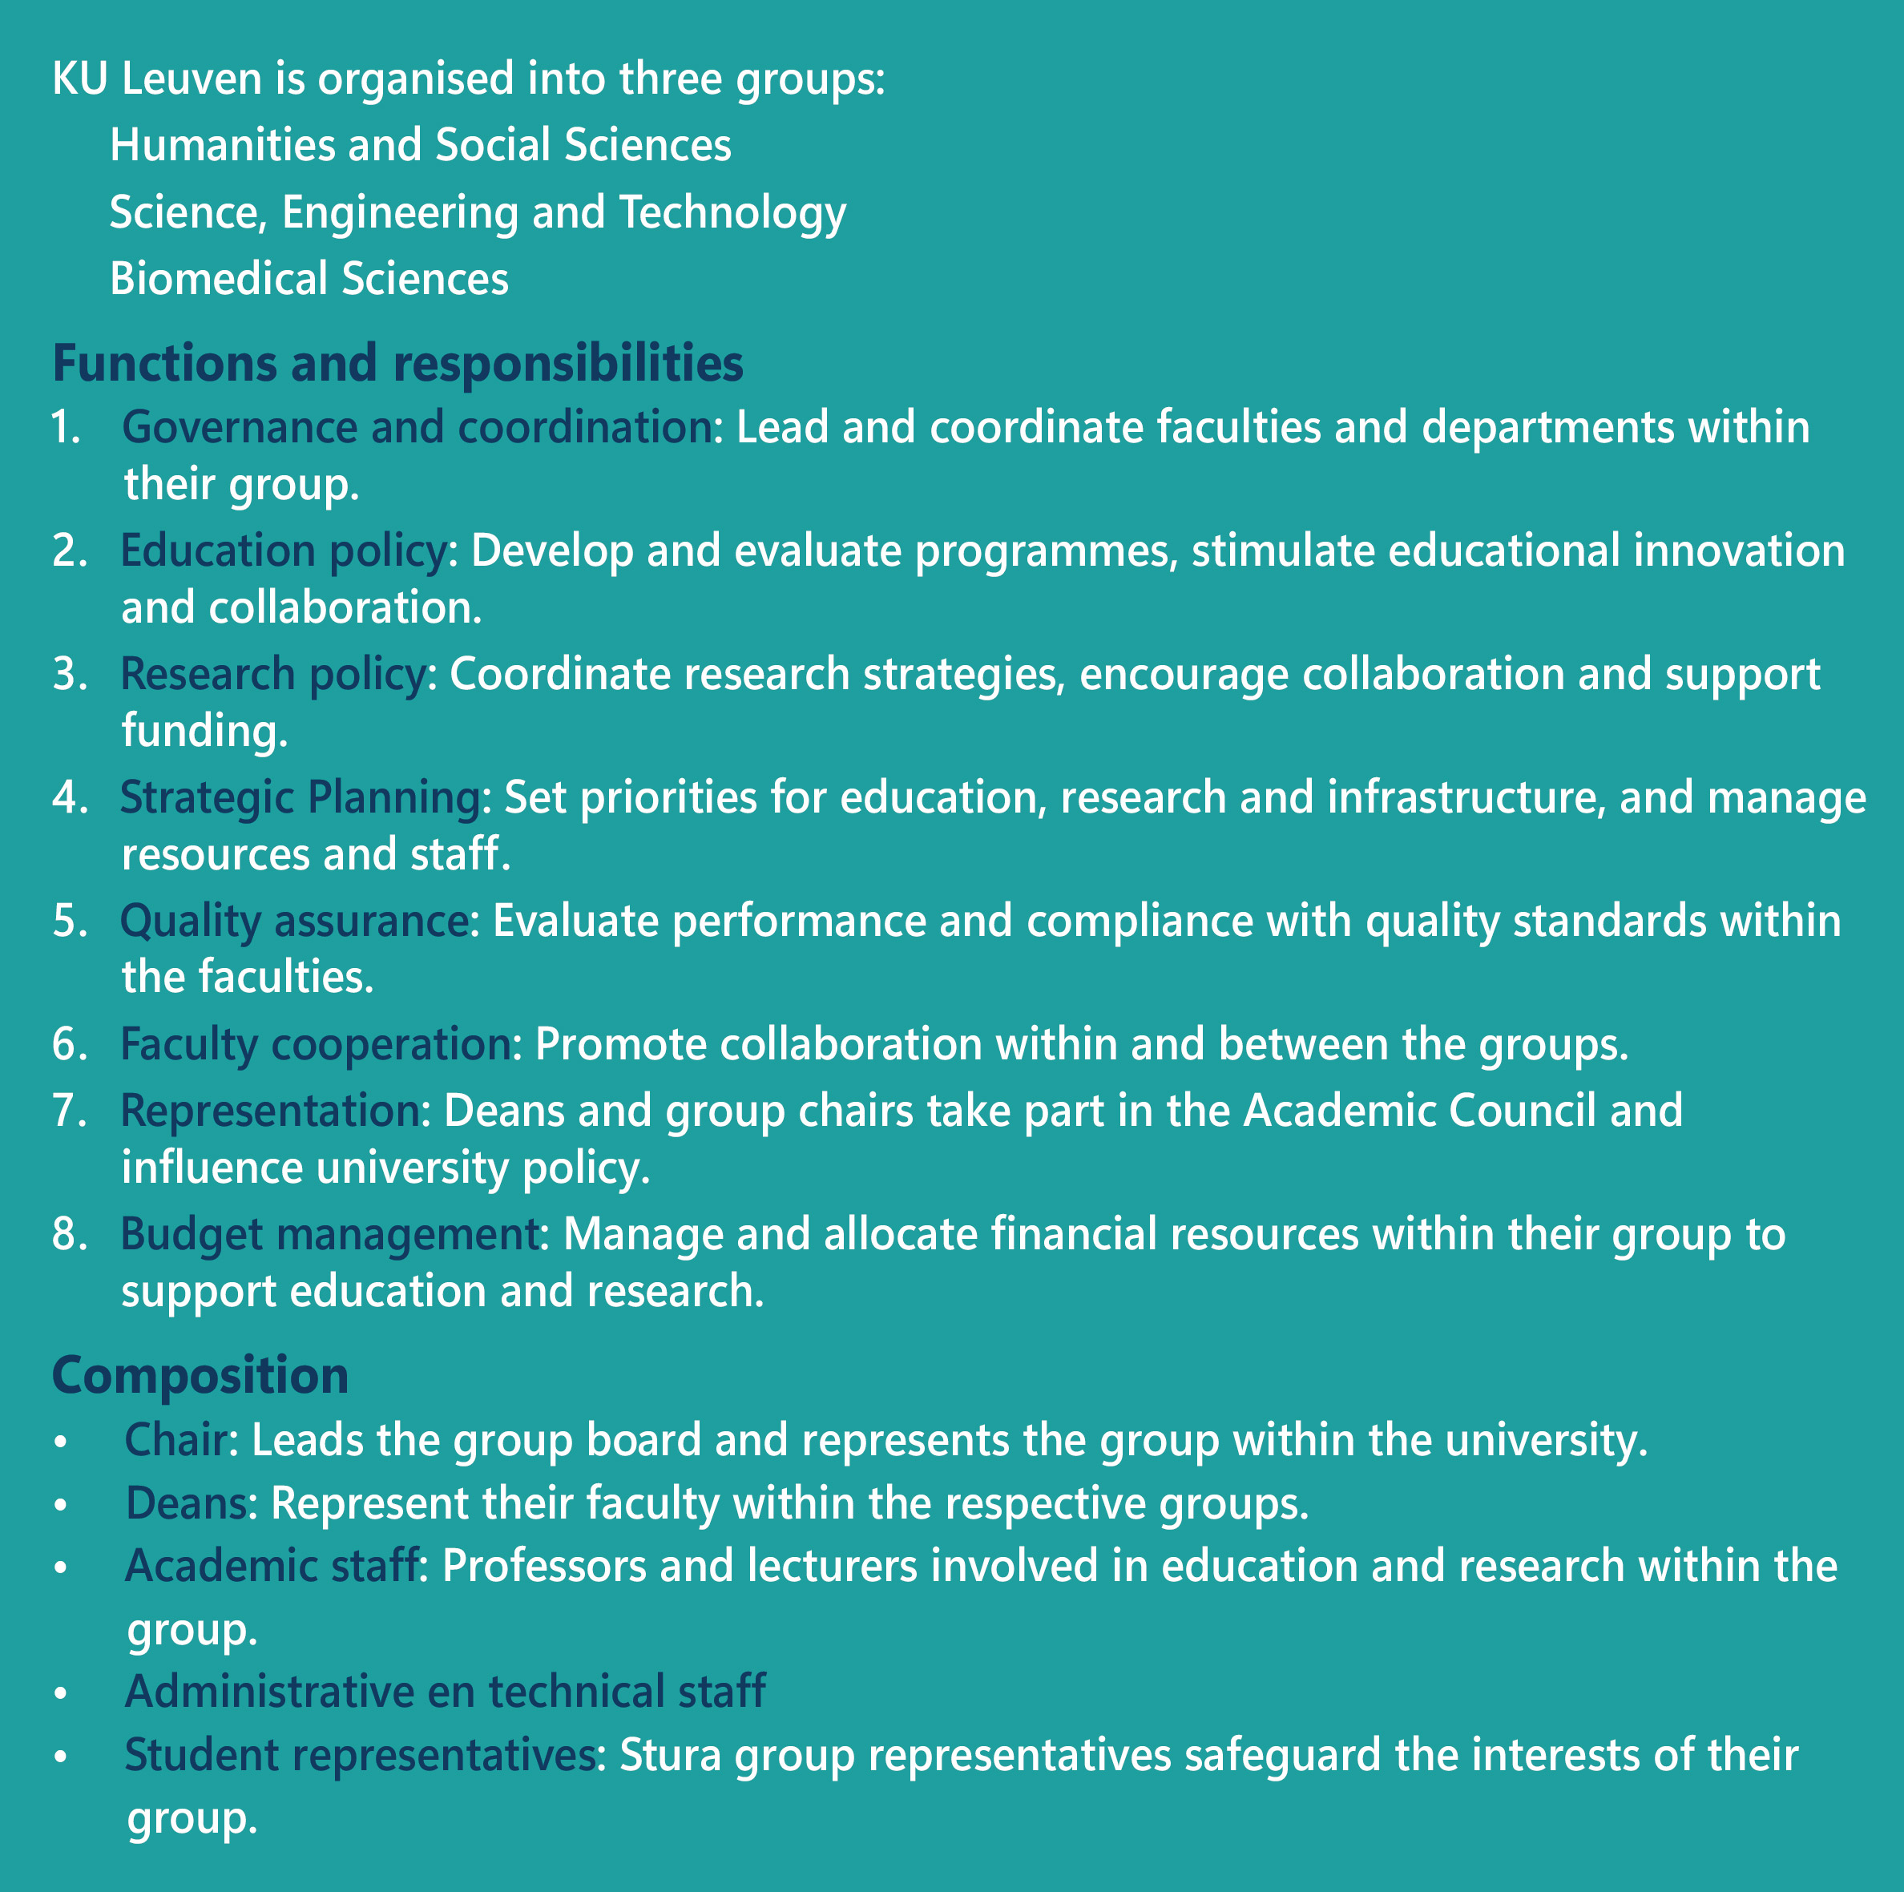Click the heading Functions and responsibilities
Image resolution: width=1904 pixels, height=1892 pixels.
[397, 364]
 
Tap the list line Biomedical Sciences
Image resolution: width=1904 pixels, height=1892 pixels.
[309, 279]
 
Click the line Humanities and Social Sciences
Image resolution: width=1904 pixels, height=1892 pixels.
[420, 145]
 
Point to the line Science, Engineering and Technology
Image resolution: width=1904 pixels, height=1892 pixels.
[477, 212]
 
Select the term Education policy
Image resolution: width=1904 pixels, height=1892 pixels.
[284, 551]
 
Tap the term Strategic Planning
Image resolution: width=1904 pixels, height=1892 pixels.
[300, 797]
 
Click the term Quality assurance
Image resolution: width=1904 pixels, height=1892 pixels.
[293, 921]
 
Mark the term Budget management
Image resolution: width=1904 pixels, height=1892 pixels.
[329, 1234]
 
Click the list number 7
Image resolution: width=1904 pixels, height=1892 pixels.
[69, 1111]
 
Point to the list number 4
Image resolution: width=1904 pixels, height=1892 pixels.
[69, 797]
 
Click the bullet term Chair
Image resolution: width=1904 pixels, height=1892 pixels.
[176, 1441]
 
